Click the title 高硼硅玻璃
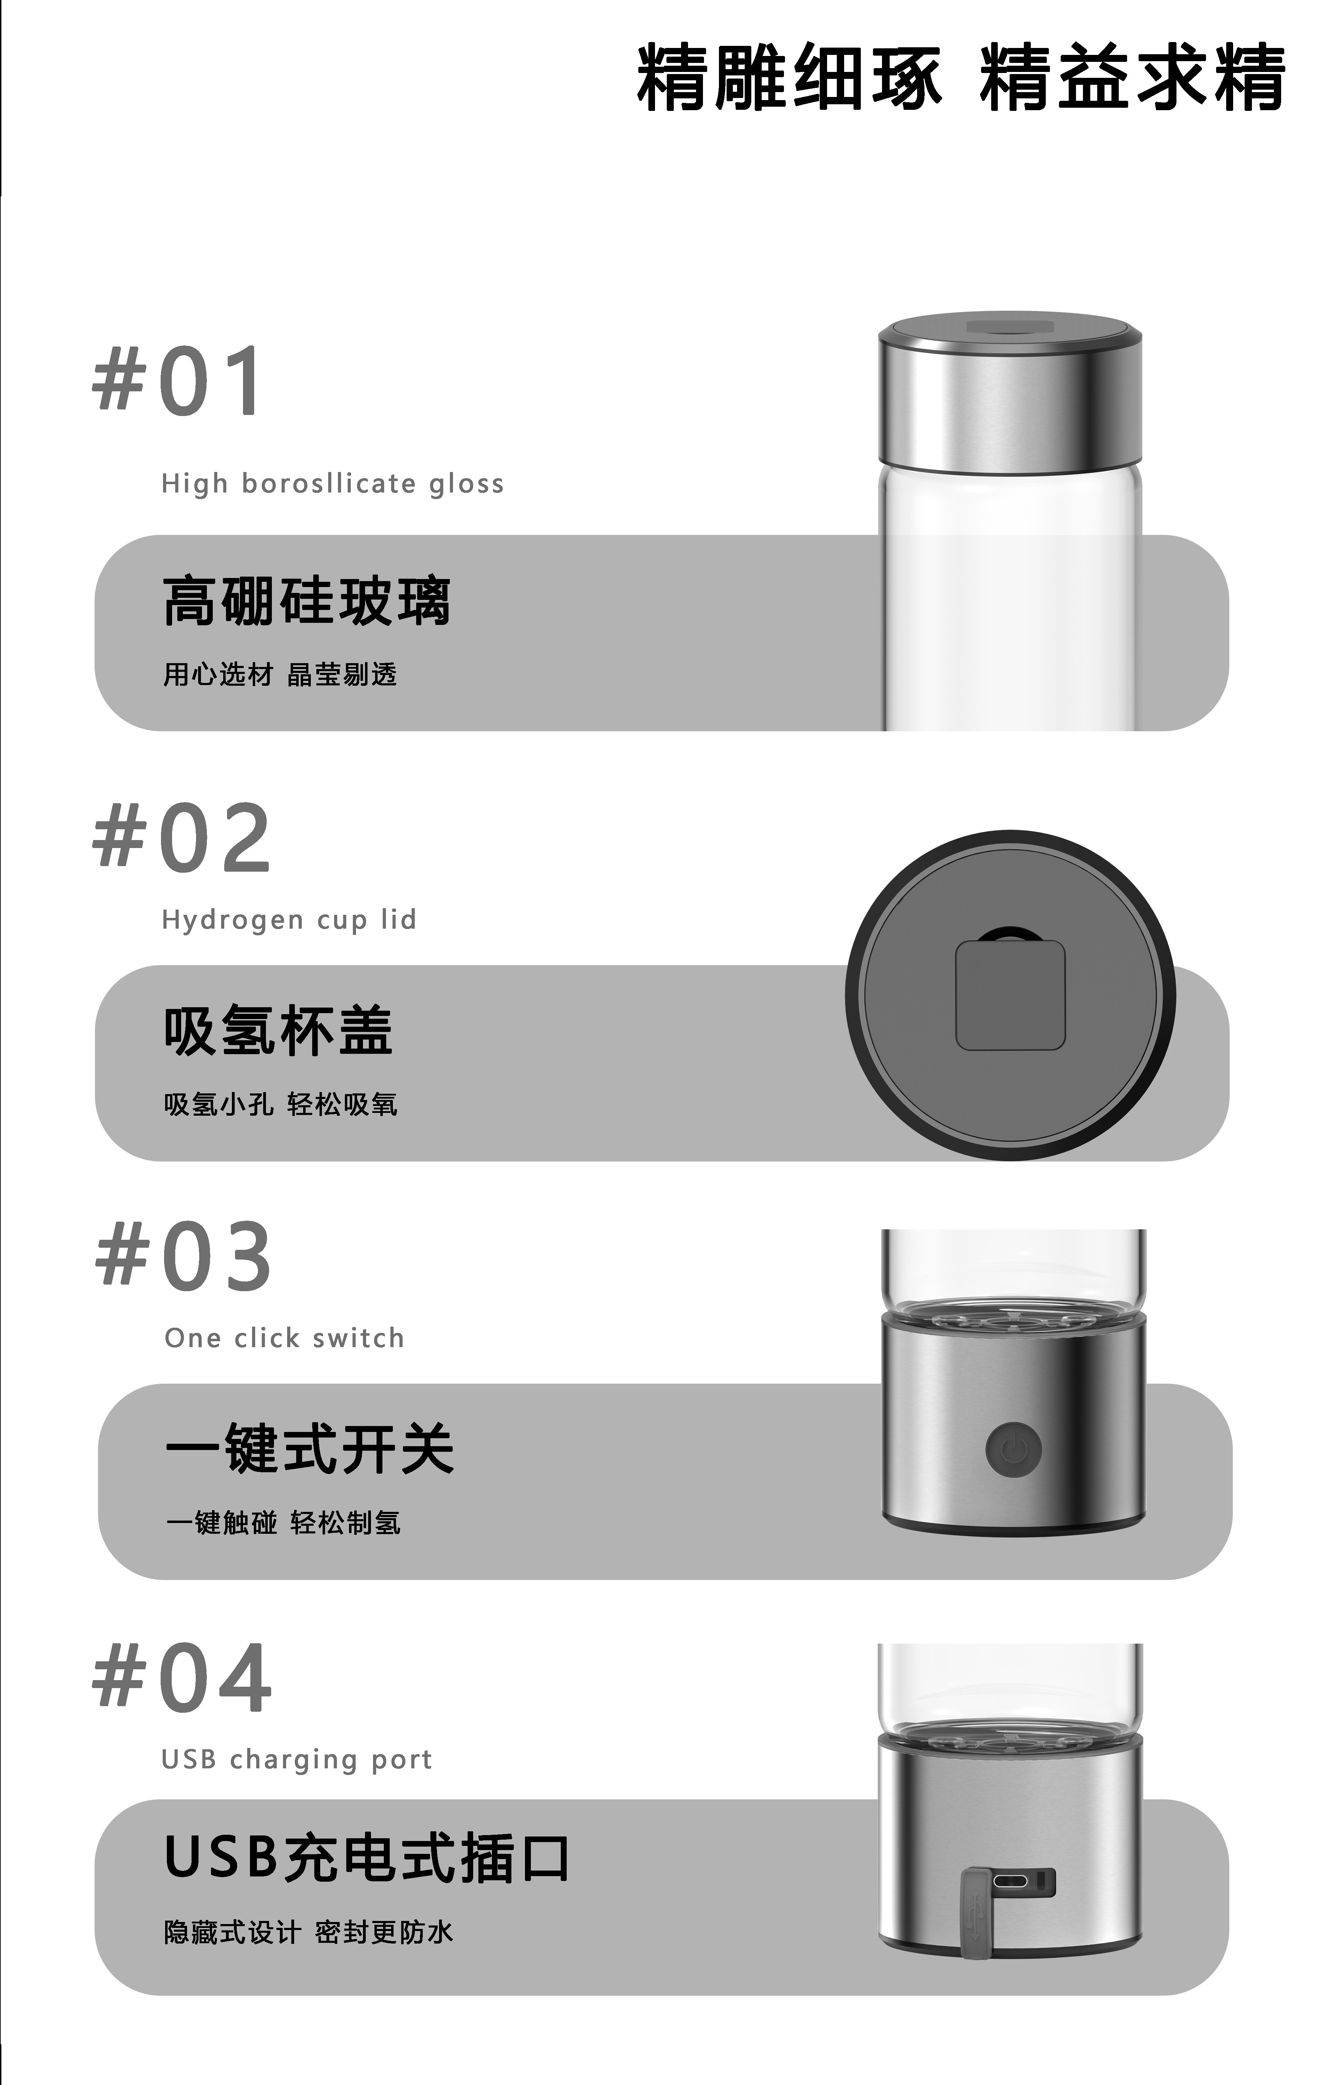click(x=307, y=601)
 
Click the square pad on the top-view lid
click(x=1010, y=995)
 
